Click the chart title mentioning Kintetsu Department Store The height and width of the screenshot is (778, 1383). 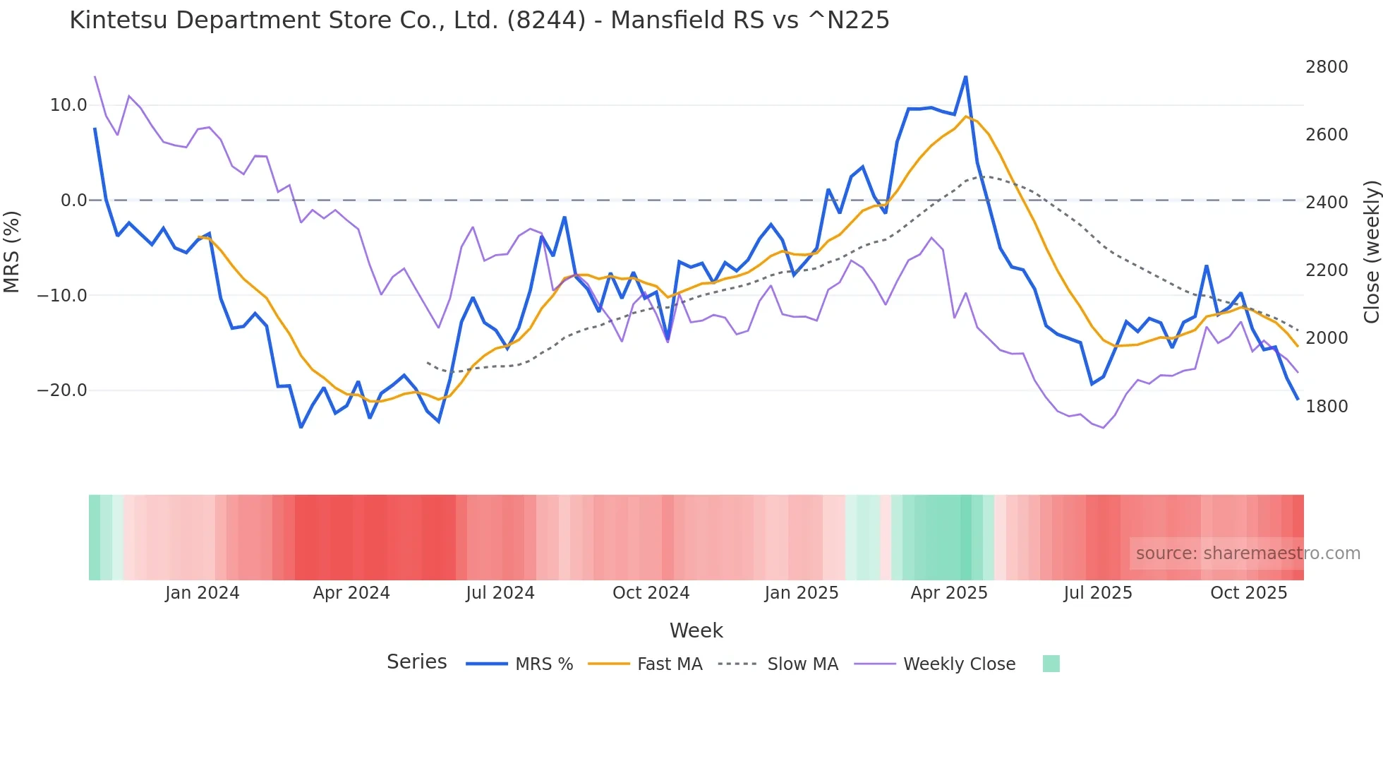(x=479, y=20)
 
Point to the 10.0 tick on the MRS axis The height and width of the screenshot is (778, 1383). (x=68, y=105)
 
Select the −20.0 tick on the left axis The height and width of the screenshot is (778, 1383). (x=62, y=390)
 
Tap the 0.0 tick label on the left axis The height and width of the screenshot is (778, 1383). (x=73, y=201)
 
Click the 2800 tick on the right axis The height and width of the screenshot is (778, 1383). (x=1327, y=67)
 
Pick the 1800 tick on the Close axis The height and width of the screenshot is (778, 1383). (x=1327, y=407)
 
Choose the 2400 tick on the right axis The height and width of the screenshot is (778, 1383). (x=1327, y=203)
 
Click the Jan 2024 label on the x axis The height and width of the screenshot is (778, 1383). (x=203, y=593)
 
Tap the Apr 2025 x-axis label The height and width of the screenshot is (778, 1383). (x=949, y=593)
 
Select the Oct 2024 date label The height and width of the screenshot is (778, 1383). (x=651, y=593)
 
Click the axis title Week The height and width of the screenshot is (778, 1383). (x=696, y=630)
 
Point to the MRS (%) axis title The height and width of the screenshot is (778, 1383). (x=12, y=251)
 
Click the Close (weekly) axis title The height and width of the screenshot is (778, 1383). (x=1371, y=252)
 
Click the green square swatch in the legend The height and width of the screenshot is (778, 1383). (x=1051, y=664)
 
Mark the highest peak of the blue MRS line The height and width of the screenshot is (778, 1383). (x=965, y=76)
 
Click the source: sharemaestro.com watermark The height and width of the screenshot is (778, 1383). (x=1248, y=553)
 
